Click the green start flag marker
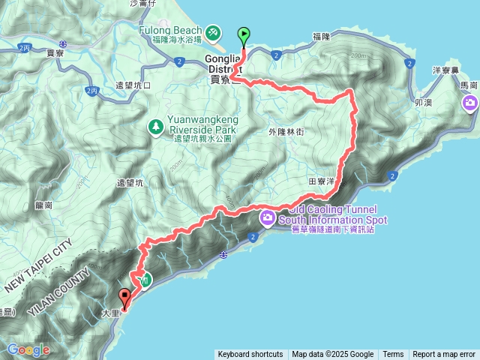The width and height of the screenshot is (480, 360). (x=244, y=35)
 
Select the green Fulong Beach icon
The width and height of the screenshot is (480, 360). (x=214, y=32)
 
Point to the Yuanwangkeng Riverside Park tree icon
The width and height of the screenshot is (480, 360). (x=155, y=127)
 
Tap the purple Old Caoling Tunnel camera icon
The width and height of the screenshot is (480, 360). (x=267, y=217)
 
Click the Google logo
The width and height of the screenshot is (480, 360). (x=28, y=349)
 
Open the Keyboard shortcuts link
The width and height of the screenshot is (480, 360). (x=250, y=355)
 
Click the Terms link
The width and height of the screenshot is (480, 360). (x=393, y=355)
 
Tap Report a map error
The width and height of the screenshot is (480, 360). (x=444, y=355)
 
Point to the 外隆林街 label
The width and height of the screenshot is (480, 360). (x=286, y=131)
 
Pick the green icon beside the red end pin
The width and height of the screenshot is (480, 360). (x=145, y=280)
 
